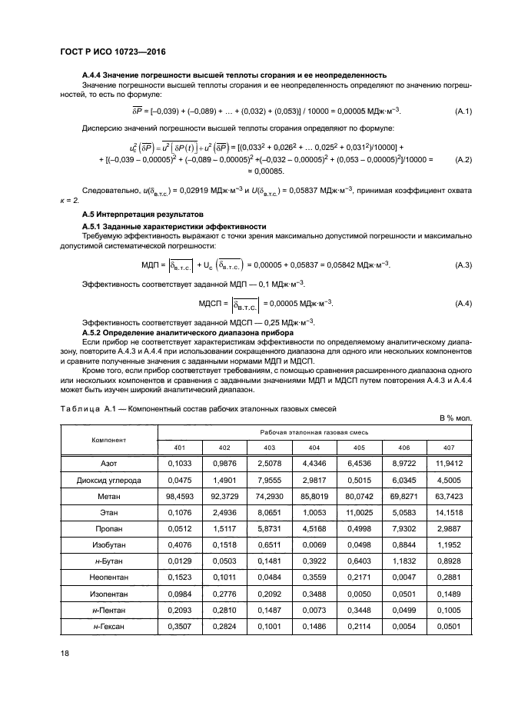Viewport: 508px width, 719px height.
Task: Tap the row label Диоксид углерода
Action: (x=108, y=480)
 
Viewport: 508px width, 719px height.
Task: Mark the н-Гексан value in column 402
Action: (x=224, y=627)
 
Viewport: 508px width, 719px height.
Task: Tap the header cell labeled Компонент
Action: (x=108, y=440)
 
